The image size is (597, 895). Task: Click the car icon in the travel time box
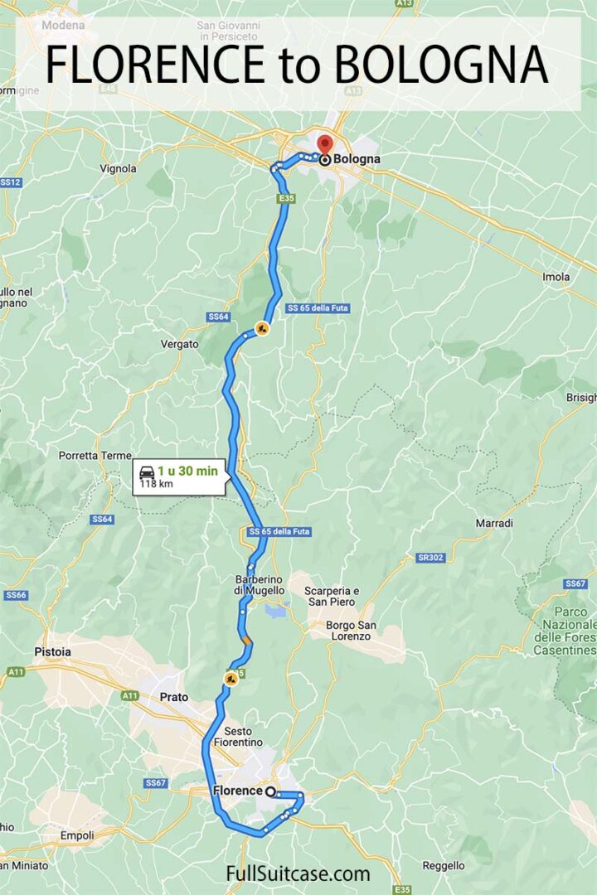pos(147,472)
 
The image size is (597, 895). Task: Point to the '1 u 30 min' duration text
pos(188,471)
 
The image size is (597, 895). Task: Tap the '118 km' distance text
pos(156,484)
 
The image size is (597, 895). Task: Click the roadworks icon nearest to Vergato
pos(262,329)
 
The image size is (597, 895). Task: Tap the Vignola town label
pos(118,168)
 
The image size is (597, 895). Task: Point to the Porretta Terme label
pos(95,456)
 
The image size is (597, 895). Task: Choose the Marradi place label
pos(494,523)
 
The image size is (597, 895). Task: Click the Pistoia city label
pos(52,652)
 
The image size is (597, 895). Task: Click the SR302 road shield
pos(430,558)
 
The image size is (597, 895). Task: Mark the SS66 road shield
pos(16,595)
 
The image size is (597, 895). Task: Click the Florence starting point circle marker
pos(270,791)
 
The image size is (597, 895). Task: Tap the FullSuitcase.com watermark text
pos(298,873)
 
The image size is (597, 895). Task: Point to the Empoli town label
pos(76,835)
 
